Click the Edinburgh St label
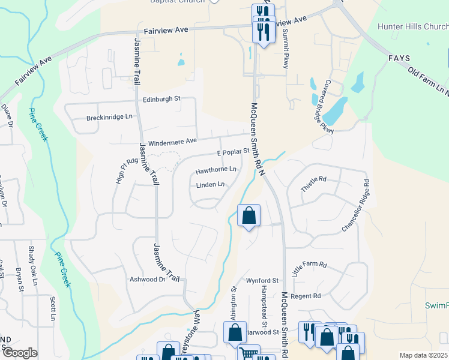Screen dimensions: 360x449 click(x=161, y=98)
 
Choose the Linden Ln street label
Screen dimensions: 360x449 click(x=211, y=185)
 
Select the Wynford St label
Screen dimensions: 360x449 click(x=262, y=280)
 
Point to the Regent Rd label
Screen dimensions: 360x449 click(x=306, y=296)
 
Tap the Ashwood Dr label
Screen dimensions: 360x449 click(x=147, y=280)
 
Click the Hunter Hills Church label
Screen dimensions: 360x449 click(x=412, y=26)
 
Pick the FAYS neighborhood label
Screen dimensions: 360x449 click(x=399, y=58)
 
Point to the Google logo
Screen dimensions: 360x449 click(x=20, y=353)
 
